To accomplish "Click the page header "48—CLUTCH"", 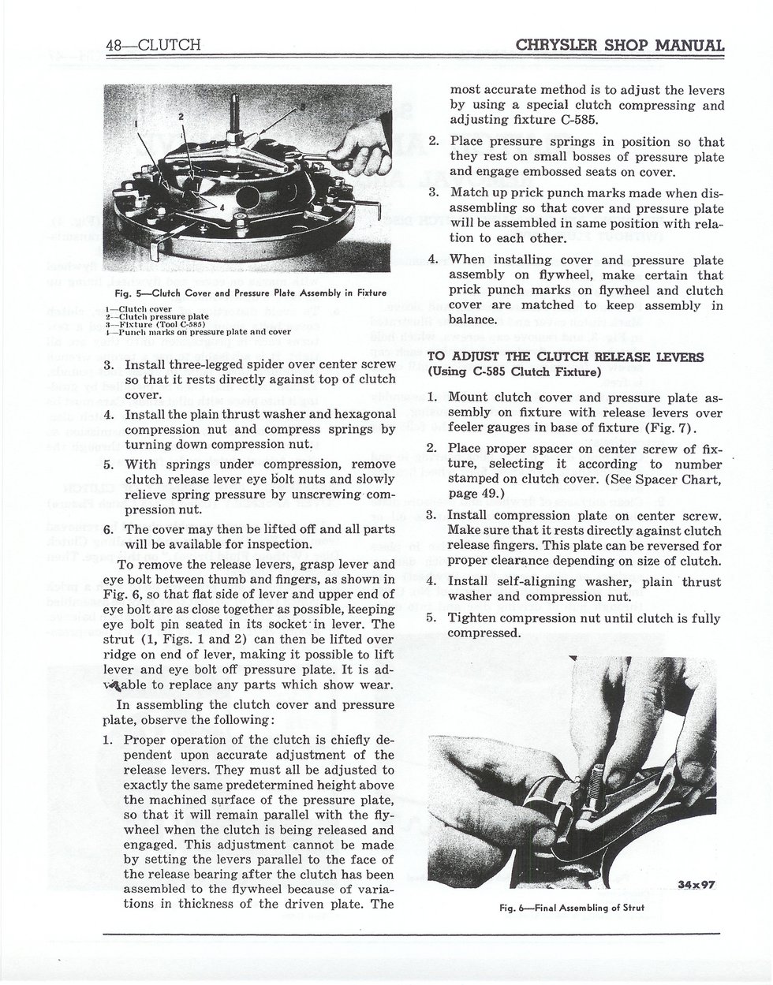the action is tap(153, 45).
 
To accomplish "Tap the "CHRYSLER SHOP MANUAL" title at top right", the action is tap(620, 45).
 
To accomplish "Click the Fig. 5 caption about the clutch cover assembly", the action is tap(251, 293).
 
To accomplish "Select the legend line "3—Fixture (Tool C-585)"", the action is tap(155, 324).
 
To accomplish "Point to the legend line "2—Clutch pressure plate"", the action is tap(157, 316).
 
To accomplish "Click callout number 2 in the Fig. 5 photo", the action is tap(181, 117).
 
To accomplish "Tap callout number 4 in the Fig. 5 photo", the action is tap(222, 207).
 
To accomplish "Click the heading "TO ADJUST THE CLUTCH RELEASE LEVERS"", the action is tap(566, 356).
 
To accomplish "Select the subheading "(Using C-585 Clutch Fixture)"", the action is tap(514, 372).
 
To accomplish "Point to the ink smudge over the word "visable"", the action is tap(114, 687).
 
